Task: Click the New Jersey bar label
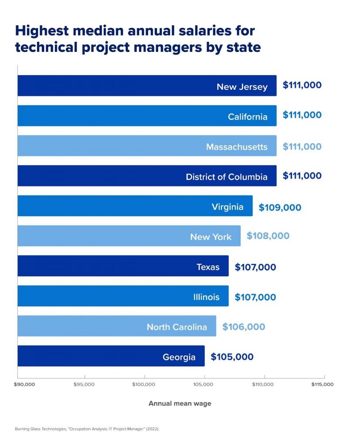[x=242, y=87]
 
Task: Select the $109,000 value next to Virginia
[x=280, y=207]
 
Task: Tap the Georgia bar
[x=111, y=356]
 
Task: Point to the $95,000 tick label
[x=84, y=385]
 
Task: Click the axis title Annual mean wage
[x=180, y=403]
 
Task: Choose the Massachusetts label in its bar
[x=237, y=147]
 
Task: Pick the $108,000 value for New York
[x=268, y=236]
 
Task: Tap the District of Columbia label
[x=226, y=177]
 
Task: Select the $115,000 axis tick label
[x=323, y=385]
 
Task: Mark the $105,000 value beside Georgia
[x=232, y=357]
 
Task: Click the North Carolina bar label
[x=177, y=327]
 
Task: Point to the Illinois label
[x=207, y=297]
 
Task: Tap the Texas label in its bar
[x=208, y=267]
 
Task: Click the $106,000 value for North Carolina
[x=243, y=327]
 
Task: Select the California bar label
[x=248, y=117]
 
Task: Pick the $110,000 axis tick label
[x=263, y=385]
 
